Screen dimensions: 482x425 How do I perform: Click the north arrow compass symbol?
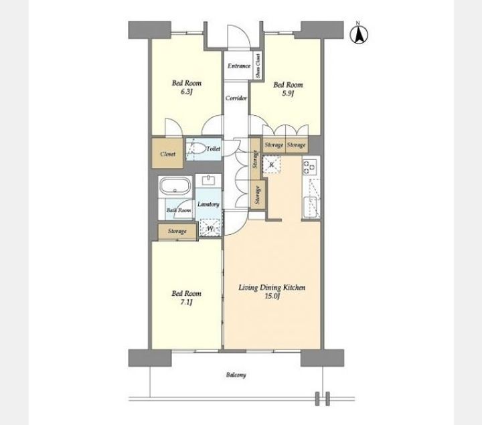(359, 33)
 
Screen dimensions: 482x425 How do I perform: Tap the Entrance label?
(239, 66)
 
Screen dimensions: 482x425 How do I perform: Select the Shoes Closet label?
(258, 66)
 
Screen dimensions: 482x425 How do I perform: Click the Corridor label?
(236, 98)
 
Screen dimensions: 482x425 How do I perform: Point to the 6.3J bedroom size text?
(186, 92)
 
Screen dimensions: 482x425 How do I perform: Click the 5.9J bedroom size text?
(288, 94)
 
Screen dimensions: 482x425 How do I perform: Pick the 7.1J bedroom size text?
(186, 302)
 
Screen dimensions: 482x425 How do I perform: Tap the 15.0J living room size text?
(272, 296)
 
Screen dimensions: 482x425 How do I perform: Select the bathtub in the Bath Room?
(175, 185)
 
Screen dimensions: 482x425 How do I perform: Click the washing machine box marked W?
(210, 228)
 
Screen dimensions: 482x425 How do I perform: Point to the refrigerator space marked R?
(272, 165)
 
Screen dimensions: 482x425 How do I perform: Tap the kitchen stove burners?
(309, 167)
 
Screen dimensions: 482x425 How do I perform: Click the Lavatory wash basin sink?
(209, 181)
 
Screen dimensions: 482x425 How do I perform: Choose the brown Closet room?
(167, 153)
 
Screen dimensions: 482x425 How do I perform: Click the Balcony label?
(236, 375)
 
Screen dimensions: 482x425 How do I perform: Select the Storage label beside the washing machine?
(177, 231)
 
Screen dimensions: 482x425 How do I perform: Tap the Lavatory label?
(208, 204)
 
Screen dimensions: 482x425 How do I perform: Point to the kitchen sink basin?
(310, 207)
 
